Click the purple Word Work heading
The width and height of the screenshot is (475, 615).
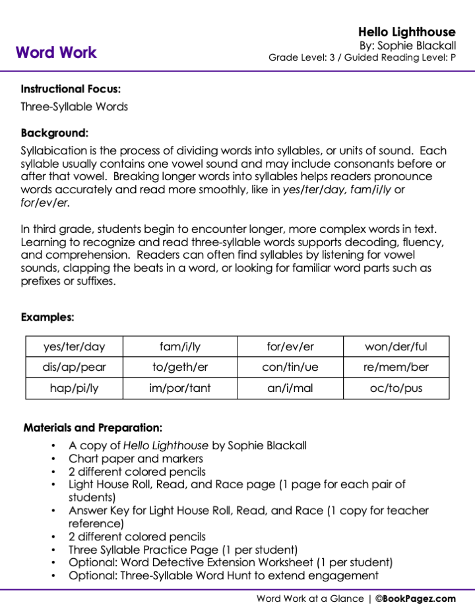point(56,53)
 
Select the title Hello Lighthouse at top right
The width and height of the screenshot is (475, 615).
point(406,32)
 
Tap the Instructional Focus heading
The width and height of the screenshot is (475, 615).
point(71,88)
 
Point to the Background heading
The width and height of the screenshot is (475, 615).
point(54,132)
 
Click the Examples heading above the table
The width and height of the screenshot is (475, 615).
point(47,317)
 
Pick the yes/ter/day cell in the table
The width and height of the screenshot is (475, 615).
point(74,346)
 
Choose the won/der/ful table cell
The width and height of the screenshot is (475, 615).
point(396,346)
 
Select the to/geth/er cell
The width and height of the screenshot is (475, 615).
point(180,367)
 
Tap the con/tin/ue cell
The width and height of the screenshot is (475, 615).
point(290,367)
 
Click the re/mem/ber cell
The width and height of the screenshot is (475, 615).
point(396,367)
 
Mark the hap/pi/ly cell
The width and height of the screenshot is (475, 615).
point(74,388)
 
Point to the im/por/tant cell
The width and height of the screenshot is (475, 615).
point(180,388)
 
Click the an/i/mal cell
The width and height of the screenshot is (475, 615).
point(290,388)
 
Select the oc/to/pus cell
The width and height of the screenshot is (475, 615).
point(396,388)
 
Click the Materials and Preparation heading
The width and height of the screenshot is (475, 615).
point(92,428)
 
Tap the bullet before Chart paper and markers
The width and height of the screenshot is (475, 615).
point(53,459)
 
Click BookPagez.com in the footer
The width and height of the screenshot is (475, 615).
point(420,599)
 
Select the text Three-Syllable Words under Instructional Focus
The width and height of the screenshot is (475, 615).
point(74,106)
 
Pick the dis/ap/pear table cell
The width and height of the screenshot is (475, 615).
point(74,367)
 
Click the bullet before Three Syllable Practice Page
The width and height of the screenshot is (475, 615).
point(53,550)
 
